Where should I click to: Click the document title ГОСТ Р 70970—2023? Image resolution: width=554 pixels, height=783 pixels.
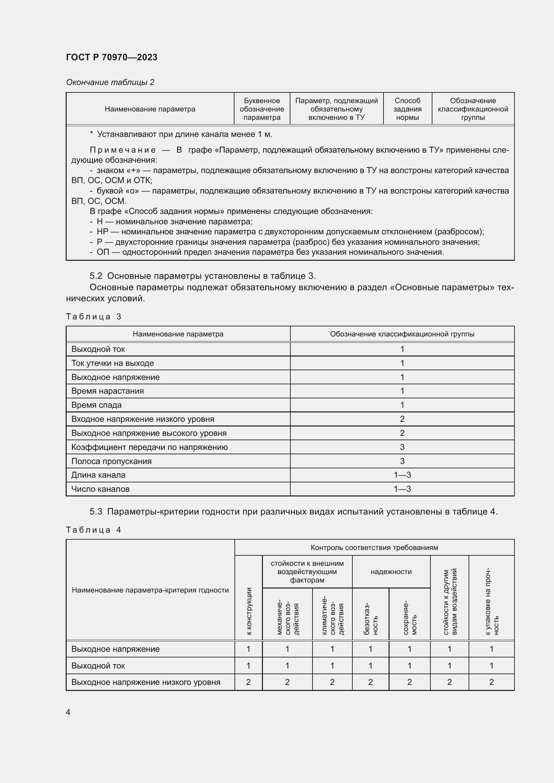click(112, 57)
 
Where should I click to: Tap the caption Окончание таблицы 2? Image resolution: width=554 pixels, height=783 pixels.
click(110, 82)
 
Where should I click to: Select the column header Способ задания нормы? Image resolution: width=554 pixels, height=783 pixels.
click(407, 109)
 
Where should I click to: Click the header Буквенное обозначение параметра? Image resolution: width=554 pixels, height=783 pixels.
click(262, 109)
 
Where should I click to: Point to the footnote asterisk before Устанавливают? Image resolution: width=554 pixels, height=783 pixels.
click(91, 134)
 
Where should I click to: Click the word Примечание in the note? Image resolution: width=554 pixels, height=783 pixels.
click(123, 150)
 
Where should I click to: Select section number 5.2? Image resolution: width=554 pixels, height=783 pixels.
click(96, 276)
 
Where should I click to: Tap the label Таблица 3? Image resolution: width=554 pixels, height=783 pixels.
click(93, 317)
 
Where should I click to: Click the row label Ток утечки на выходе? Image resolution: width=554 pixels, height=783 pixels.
click(113, 363)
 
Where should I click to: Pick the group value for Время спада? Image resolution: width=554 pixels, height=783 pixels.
click(402, 405)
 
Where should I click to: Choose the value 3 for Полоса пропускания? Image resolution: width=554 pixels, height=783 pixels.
click(402, 461)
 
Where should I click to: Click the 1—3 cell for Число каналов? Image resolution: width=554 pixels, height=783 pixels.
click(402, 489)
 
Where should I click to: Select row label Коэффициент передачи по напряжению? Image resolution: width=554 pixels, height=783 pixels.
click(149, 447)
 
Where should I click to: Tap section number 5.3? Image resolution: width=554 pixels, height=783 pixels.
click(96, 512)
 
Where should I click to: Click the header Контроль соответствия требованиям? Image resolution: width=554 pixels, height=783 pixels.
click(374, 547)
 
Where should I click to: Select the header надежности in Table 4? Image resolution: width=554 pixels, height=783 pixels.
click(391, 571)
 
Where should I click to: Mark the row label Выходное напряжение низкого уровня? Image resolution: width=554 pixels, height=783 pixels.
click(146, 682)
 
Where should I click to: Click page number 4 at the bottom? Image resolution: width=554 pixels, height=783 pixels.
click(68, 712)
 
